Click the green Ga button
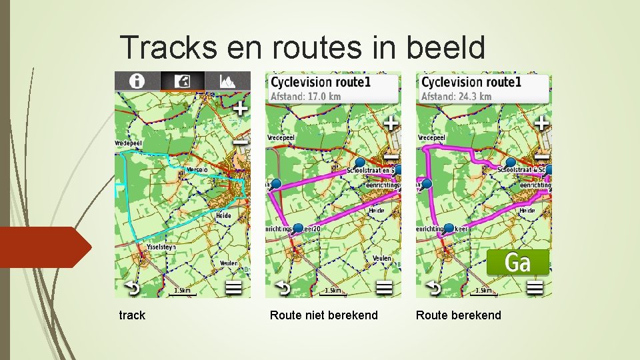tap(518, 262)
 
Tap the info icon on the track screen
tap(137, 81)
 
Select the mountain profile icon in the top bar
tap(228, 81)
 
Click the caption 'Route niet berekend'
tap(323, 315)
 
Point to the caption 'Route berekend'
tap(458, 315)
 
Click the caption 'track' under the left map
tap(132, 315)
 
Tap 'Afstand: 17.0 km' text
tap(306, 97)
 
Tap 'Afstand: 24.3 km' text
tap(457, 97)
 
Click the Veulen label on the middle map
tap(382, 258)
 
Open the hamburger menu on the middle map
tap(384, 288)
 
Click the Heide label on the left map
tap(223, 215)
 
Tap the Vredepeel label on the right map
tap(431, 137)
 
